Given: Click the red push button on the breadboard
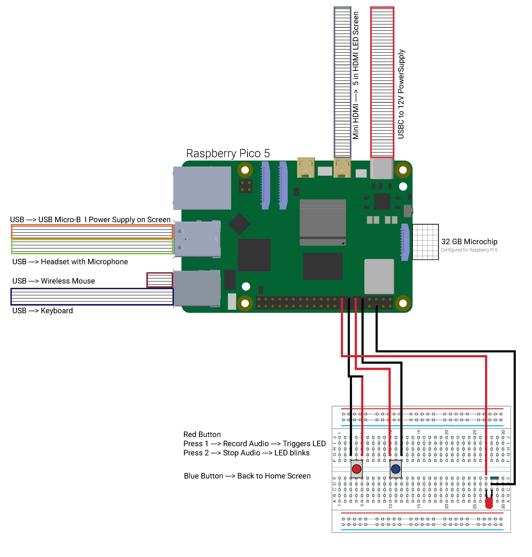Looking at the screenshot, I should [356, 469].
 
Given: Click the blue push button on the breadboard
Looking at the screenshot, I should [396, 469].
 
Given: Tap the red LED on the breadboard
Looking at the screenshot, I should [489, 503].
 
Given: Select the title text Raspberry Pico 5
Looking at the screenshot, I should [228, 153].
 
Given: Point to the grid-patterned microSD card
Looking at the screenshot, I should [425, 242].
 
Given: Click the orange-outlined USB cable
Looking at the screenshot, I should [92, 232].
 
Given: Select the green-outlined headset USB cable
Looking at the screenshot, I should [92, 246].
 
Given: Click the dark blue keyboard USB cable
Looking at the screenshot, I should [92, 297].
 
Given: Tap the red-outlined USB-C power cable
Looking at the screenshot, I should [382, 82].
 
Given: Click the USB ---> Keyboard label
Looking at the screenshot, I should [43, 311].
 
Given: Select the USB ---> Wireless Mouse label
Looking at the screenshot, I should [54, 281].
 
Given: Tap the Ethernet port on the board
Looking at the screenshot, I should [202, 188].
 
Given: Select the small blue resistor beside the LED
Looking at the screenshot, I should [494, 478].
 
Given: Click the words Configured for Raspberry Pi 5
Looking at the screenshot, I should [469, 250].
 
